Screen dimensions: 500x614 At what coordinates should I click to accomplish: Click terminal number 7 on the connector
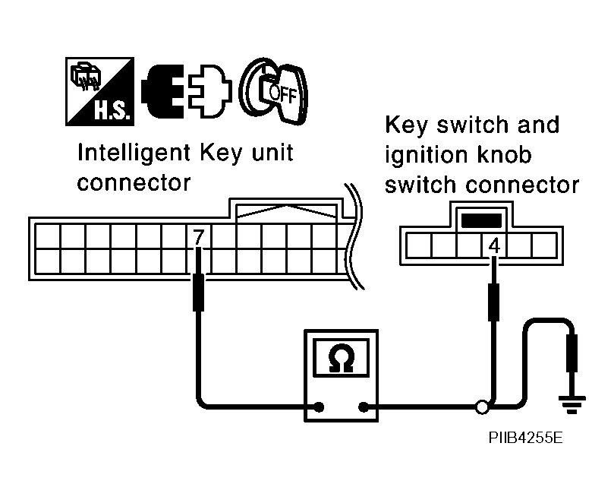pyautogui.click(x=198, y=237)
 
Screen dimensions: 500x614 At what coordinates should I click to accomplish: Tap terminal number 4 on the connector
pyautogui.click(x=494, y=245)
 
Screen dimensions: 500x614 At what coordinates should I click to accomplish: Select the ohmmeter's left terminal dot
pyautogui.click(x=319, y=407)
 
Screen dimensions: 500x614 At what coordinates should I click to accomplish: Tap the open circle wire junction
pyautogui.click(x=480, y=407)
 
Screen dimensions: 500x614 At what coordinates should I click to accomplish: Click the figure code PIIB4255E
pyautogui.click(x=525, y=438)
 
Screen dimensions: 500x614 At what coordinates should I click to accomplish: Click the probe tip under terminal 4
pyautogui.click(x=494, y=298)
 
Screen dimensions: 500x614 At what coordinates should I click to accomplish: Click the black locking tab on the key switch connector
pyautogui.click(x=482, y=221)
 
